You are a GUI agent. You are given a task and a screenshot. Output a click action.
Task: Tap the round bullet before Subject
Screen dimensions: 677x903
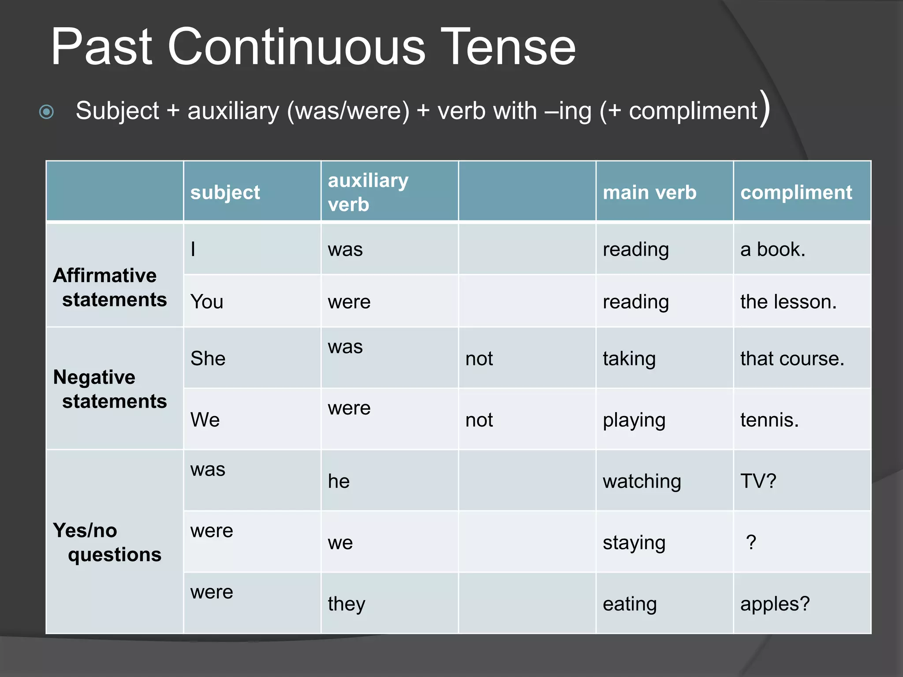(x=46, y=112)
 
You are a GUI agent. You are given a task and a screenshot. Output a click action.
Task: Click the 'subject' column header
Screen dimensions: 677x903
(x=225, y=193)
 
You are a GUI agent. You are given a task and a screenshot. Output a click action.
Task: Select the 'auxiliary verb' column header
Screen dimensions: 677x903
(x=368, y=192)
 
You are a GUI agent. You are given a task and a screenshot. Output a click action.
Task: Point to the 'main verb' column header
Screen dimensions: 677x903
(x=649, y=193)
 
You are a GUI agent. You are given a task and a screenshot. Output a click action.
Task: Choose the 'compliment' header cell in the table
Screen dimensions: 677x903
(x=796, y=193)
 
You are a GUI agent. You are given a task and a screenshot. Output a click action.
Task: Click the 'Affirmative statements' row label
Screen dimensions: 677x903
(x=110, y=287)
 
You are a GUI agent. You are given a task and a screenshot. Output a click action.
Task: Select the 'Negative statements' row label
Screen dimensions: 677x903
(x=110, y=389)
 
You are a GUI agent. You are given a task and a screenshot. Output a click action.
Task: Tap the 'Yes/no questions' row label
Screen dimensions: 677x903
(x=107, y=542)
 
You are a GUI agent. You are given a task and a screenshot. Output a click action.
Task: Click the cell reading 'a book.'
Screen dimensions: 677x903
(x=772, y=249)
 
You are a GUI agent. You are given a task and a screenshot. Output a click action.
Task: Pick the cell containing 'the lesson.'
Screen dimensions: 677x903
(x=788, y=302)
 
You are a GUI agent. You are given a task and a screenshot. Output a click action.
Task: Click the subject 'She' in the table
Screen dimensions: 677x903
(x=208, y=358)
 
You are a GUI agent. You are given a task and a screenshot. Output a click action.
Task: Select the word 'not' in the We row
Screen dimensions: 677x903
(x=479, y=420)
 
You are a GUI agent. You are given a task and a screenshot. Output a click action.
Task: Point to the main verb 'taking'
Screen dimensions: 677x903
(x=629, y=359)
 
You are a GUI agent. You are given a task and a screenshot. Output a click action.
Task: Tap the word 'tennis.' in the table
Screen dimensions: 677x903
(x=769, y=420)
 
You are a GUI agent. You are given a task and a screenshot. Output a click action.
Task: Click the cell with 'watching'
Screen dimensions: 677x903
(x=642, y=481)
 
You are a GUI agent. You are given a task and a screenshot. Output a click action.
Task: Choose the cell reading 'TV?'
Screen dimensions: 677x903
(x=758, y=481)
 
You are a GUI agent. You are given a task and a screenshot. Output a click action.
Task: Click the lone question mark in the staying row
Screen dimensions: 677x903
(x=751, y=542)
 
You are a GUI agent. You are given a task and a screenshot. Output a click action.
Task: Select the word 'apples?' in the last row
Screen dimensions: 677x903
(x=775, y=604)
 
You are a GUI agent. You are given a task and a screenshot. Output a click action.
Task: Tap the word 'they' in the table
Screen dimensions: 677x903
(x=346, y=604)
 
